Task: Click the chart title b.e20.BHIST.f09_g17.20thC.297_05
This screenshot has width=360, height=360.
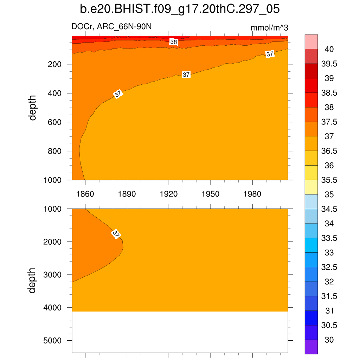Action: [180, 9]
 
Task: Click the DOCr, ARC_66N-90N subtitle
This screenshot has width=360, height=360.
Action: [111, 27]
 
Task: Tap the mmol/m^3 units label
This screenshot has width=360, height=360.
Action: [269, 28]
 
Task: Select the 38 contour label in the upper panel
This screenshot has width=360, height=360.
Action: [174, 42]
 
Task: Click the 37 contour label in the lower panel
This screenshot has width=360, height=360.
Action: [116, 234]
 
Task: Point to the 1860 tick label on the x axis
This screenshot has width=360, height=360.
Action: [85, 194]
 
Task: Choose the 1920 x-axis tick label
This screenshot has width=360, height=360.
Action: [169, 194]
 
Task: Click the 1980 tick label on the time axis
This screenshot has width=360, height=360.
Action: [252, 194]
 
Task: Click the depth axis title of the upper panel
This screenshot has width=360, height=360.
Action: [33, 108]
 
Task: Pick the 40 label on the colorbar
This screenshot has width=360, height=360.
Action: [329, 49]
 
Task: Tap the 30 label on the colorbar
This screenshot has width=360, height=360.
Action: [329, 340]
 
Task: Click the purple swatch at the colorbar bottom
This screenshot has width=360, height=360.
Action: [311, 347]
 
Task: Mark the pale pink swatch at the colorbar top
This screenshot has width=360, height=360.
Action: [311, 41]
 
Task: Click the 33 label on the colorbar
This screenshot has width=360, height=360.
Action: [329, 253]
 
